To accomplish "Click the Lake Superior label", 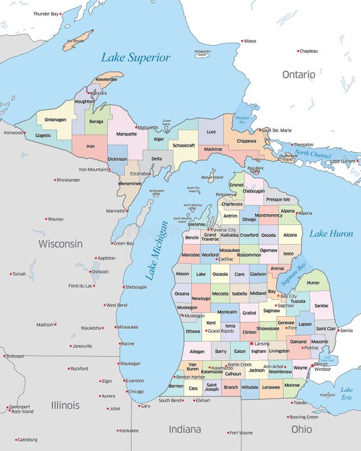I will click(x=135, y=58).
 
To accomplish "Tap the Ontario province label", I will click(x=298, y=75).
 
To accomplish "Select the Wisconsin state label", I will click(x=60, y=243).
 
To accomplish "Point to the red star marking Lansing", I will click(x=252, y=343).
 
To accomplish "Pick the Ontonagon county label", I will click(x=56, y=120).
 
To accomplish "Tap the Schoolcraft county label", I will click(x=184, y=145).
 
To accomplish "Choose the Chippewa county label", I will click(x=246, y=141).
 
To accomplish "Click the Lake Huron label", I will click(x=332, y=234).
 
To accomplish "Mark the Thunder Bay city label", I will click(x=46, y=13).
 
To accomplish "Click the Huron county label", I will click(x=312, y=283).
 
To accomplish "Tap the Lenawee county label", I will click(x=271, y=387).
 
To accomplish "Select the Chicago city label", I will click(x=135, y=391).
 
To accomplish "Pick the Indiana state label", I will click(x=184, y=429).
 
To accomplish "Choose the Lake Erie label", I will click(x=347, y=393).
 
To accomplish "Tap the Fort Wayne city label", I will click(x=241, y=433).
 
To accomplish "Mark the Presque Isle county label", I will click(x=278, y=199).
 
